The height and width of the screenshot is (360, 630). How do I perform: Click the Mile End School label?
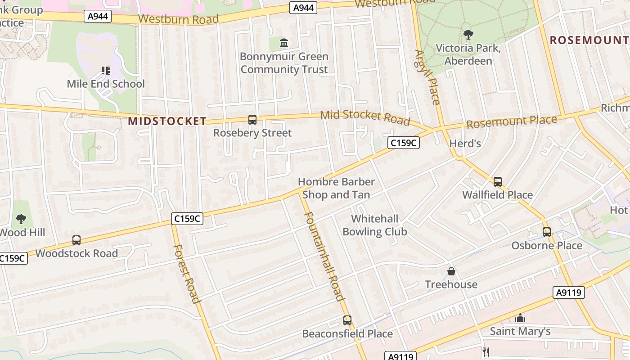[106, 84]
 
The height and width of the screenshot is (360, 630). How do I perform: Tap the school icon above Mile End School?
[106, 70]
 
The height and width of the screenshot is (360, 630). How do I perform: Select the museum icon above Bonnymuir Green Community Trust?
[284, 43]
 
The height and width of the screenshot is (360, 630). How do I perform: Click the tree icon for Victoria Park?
[468, 34]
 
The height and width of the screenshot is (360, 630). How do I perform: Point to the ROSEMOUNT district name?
[589, 40]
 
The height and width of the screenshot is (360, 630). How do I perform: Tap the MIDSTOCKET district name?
[167, 121]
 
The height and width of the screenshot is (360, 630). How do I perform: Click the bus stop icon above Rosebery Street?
[252, 120]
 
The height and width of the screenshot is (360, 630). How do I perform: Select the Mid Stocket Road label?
[365, 117]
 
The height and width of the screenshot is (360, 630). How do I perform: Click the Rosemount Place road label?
[512, 121]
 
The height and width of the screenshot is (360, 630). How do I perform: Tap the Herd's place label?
[465, 144]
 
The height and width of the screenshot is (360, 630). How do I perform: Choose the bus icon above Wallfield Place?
[498, 182]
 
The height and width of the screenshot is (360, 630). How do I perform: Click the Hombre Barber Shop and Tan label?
[336, 188]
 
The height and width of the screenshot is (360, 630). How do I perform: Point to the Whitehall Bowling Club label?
[375, 225]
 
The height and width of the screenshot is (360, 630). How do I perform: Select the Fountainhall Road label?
[324, 256]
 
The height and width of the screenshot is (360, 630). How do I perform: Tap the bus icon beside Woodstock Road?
[76, 240]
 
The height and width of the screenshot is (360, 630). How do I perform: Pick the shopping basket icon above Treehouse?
[451, 271]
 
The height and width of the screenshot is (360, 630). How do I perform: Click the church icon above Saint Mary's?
[520, 318]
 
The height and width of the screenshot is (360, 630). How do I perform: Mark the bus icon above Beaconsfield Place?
[347, 320]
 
